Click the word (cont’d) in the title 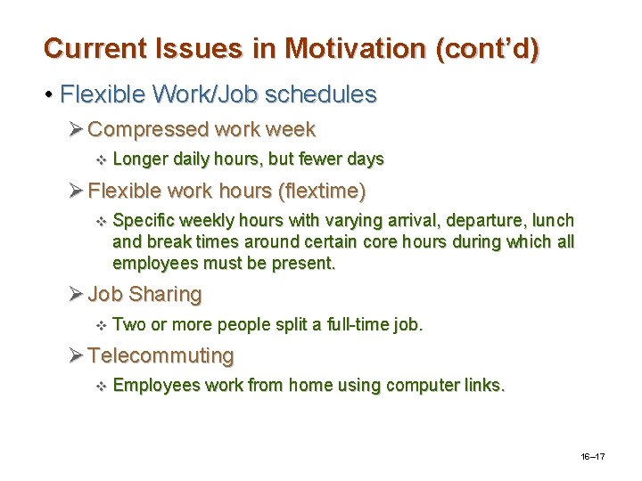[x=488, y=48]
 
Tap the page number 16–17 [x=593, y=456]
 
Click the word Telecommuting [x=161, y=356]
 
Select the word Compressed [x=148, y=130]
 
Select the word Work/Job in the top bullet [x=185, y=94]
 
